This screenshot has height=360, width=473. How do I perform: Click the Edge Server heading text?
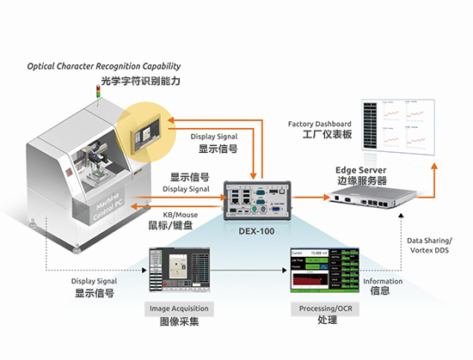click(360, 169)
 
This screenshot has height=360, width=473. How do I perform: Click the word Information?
click(382, 280)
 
